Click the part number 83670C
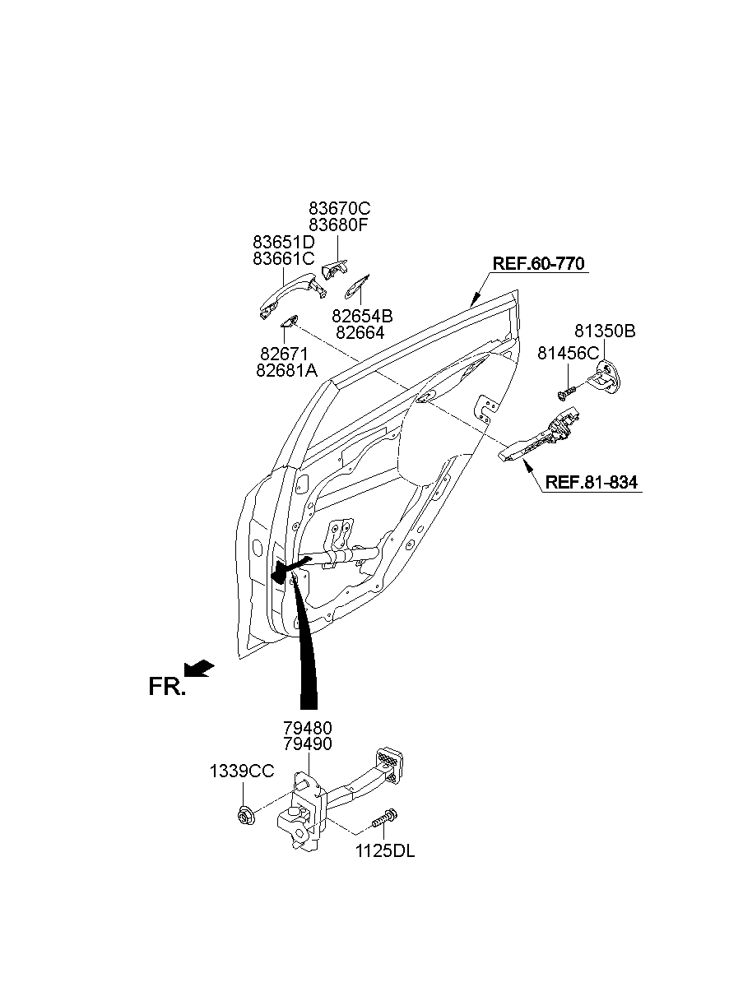(339, 209)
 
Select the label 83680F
(338, 225)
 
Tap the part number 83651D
(283, 243)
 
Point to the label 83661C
(283, 258)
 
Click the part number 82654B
(362, 316)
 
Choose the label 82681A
(286, 370)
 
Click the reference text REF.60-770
(538, 264)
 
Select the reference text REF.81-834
(591, 483)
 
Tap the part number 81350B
(605, 331)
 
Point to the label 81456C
(569, 353)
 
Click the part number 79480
(309, 728)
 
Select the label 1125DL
(385, 852)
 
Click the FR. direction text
(167, 687)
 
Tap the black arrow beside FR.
(199, 669)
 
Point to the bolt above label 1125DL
(384, 819)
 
